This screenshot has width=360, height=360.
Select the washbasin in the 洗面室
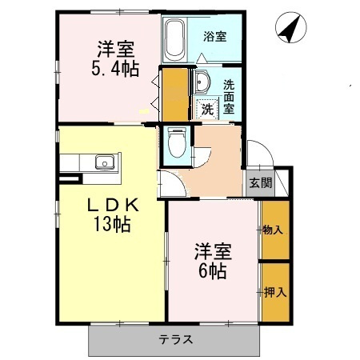point(202,82)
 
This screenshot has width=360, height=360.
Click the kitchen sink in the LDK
point(104,163)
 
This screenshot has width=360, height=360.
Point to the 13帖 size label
point(110,224)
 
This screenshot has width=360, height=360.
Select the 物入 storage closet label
point(274,230)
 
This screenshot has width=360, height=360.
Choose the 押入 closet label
point(274,293)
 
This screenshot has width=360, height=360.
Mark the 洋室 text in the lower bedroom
point(213,251)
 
